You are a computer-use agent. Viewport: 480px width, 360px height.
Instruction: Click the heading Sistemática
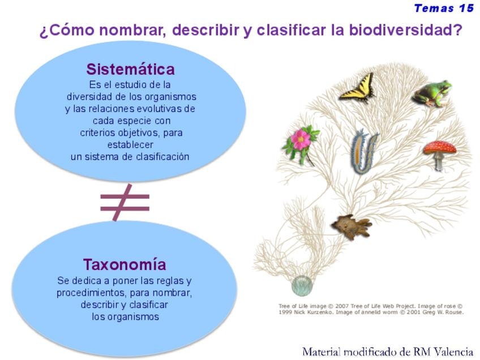[130, 69]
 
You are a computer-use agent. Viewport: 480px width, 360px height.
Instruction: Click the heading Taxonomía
[125, 264]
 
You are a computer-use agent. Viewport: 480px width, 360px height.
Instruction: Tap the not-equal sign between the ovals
[125, 202]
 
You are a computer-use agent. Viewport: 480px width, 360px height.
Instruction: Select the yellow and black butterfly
[357, 88]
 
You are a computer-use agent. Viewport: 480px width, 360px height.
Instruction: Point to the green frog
[432, 93]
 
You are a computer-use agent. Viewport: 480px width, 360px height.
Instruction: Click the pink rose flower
[300, 142]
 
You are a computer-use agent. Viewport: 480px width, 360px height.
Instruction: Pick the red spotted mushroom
[440, 153]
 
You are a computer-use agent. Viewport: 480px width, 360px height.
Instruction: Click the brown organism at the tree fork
[352, 226]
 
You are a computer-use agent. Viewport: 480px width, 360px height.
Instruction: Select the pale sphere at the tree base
[302, 286]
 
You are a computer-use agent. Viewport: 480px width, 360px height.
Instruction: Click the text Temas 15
[444, 8]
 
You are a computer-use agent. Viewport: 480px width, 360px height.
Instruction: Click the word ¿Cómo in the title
[67, 31]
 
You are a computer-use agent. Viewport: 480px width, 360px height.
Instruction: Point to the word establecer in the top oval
[130, 144]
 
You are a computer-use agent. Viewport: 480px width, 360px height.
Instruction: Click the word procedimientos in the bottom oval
[91, 293]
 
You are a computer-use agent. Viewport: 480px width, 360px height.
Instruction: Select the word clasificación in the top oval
[162, 157]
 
